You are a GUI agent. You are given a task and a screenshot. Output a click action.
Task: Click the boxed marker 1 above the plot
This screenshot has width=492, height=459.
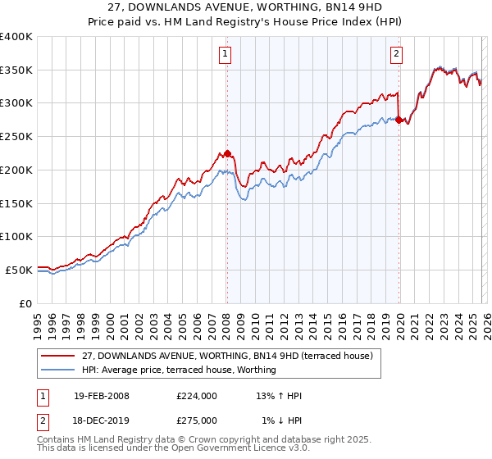(x=225, y=55)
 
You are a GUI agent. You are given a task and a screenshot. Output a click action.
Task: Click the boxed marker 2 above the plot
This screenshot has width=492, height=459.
(x=397, y=55)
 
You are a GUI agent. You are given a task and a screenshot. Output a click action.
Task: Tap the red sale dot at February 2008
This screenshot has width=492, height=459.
(x=227, y=153)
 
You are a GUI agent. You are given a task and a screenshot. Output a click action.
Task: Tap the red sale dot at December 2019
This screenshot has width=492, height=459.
(x=399, y=120)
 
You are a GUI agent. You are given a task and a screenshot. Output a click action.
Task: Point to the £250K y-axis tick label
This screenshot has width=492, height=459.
(x=16, y=137)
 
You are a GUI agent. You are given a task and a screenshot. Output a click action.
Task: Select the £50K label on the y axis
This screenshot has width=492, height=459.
(x=19, y=270)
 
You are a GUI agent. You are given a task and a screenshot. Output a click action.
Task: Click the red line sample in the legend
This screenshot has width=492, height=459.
(x=59, y=356)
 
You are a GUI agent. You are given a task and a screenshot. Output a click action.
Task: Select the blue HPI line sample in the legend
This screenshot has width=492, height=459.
(x=59, y=370)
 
